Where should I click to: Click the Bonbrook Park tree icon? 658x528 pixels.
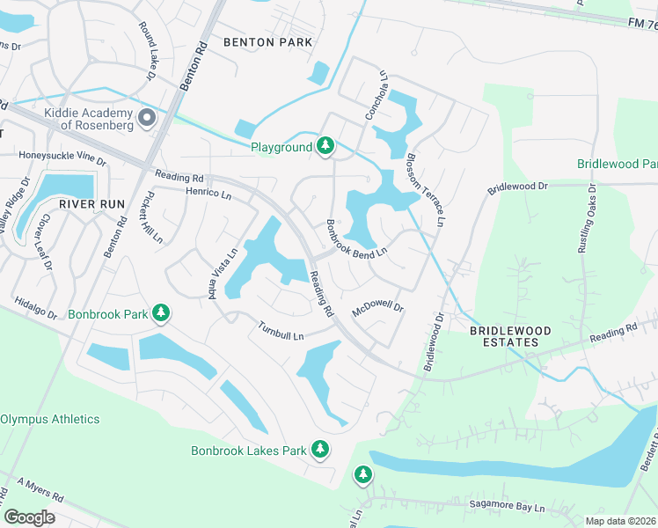[161, 312]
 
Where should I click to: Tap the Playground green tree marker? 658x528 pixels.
[325, 146]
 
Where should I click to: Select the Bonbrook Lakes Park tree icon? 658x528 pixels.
[320, 450]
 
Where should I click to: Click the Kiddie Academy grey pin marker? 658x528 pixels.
[146, 117]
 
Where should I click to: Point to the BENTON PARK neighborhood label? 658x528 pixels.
[263, 41]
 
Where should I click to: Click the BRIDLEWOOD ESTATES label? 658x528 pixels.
[509, 336]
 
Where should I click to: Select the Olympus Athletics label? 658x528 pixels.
[49, 419]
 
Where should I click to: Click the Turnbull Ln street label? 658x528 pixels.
[281, 333]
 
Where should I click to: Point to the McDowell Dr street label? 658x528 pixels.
[377, 310]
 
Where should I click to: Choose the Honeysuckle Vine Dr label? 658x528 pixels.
[62, 159]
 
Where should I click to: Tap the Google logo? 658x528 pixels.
[30, 517]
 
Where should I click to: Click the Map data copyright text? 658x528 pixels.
[619, 521]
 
